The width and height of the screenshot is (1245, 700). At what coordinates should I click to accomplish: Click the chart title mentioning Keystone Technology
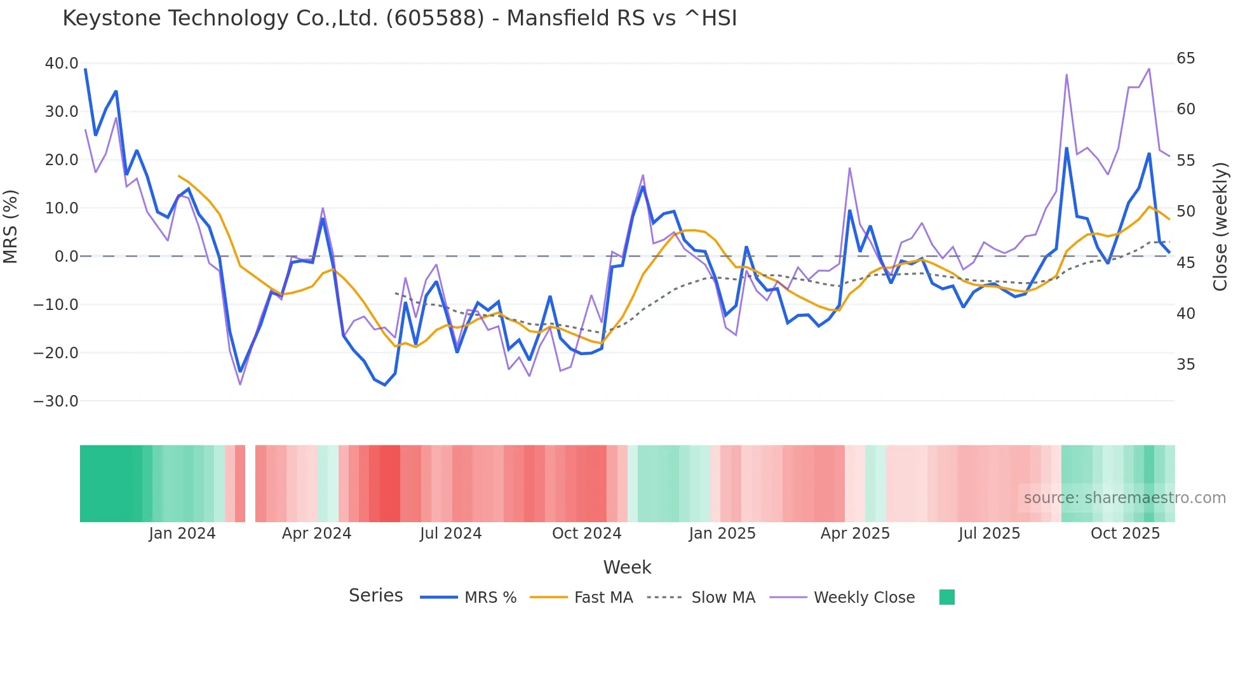[x=400, y=18]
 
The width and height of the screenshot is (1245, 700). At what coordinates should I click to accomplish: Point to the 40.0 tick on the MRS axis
[x=62, y=64]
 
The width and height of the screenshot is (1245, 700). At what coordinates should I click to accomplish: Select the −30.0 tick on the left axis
[x=56, y=401]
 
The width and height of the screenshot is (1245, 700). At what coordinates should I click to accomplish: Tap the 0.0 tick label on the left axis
[x=66, y=257]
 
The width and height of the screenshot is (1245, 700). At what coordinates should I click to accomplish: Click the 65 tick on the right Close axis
[x=1185, y=58]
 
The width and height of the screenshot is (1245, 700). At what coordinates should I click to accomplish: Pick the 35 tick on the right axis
[x=1185, y=365]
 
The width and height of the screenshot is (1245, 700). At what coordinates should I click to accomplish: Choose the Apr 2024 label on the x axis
[x=316, y=534]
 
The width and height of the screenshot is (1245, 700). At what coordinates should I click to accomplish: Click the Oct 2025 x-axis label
[x=1125, y=534]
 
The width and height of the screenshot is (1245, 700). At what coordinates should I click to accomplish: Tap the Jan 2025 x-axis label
[x=722, y=534]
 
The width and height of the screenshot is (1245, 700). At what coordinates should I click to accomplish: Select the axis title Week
[x=627, y=567]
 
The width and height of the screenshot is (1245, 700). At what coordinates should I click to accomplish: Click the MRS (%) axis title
[x=11, y=227]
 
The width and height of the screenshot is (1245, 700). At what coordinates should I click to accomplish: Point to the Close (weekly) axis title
[x=1220, y=227]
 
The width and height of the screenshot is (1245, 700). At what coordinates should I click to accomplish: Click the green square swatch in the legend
[x=946, y=597]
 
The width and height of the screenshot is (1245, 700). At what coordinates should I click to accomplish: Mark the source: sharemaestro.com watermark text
[x=1124, y=498]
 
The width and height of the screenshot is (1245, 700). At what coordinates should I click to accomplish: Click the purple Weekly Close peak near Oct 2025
[x=1148, y=69]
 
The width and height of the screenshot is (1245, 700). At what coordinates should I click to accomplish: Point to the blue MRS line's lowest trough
[x=384, y=385]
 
